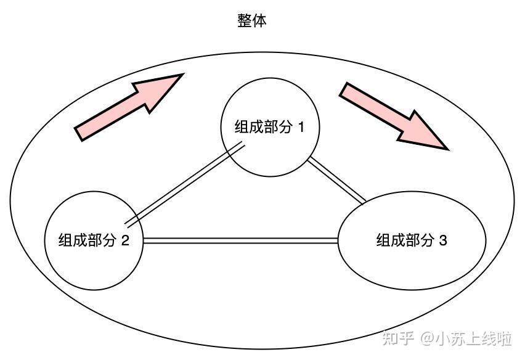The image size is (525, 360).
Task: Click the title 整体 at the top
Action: (252, 21)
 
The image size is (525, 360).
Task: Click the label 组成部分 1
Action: (269, 128)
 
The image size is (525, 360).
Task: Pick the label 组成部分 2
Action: (94, 240)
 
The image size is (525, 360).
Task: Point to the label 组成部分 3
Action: (411, 240)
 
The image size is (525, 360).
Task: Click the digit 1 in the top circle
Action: (301, 128)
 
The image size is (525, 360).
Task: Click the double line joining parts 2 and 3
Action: (240, 240)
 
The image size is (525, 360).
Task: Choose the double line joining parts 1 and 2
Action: (185, 184)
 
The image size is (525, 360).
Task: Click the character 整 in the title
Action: (245, 21)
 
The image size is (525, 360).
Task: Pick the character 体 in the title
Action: (259, 21)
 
